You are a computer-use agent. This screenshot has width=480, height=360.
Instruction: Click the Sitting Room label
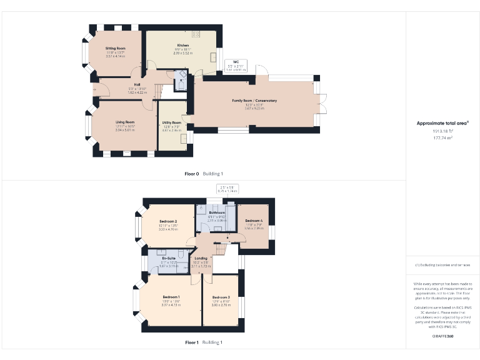(x=115, y=48)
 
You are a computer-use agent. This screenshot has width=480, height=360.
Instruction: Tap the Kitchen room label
(x=183, y=46)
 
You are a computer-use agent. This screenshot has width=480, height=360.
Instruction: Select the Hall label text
(x=137, y=84)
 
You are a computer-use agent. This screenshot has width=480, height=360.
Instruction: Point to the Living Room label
(x=125, y=122)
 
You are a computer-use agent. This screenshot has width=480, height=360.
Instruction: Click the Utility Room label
(x=172, y=122)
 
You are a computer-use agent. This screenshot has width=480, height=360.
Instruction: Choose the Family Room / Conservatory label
(x=254, y=101)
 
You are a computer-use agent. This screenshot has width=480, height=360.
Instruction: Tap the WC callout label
(x=236, y=61)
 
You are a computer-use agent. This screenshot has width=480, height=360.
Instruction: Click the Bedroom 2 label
(x=168, y=222)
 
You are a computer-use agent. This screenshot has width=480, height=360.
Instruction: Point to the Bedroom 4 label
(x=254, y=221)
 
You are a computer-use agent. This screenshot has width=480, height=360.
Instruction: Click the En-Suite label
(x=168, y=258)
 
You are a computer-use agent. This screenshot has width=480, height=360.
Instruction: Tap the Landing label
(x=201, y=258)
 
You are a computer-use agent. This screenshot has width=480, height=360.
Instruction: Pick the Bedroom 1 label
(x=171, y=296)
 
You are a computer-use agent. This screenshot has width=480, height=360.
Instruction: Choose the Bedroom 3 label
(x=221, y=297)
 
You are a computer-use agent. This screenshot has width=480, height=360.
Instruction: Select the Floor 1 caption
(x=192, y=342)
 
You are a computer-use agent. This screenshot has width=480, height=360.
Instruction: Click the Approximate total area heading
(x=442, y=124)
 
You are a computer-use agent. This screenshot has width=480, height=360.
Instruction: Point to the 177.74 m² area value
(x=442, y=137)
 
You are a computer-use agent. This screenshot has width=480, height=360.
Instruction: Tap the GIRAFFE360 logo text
(x=442, y=337)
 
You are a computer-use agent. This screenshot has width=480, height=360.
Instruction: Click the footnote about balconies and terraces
(x=442, y=266)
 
